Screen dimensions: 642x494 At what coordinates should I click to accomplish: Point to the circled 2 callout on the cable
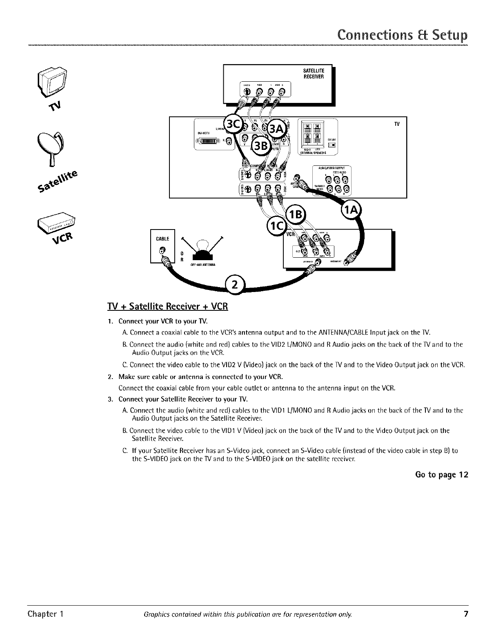tap(234, 285)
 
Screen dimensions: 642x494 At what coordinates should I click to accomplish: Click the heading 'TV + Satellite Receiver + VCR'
tap(167, 306)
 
